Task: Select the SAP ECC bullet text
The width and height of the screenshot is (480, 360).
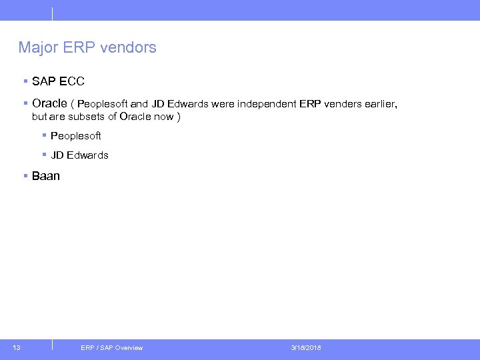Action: (58, 82)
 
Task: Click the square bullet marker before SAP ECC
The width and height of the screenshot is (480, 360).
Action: (25, 81)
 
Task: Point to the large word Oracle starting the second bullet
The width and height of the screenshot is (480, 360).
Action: (49, 103)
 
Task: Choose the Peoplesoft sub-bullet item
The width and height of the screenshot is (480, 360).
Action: (75, 136)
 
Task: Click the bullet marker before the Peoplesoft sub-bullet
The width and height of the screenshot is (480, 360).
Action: (43, 135)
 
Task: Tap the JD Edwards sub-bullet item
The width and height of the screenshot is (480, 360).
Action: (79, 155)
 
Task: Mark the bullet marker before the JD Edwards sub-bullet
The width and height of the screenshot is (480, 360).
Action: (43, 155)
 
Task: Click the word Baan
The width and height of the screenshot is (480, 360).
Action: (46, 176)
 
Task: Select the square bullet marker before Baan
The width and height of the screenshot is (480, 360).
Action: (25, 175)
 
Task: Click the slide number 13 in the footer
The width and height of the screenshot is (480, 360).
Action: (17, 347)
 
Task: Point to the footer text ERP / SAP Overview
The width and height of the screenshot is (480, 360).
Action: (111, 348)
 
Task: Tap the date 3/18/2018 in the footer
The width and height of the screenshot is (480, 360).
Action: (306, 348)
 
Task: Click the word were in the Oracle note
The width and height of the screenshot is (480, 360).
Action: (222, 104)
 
